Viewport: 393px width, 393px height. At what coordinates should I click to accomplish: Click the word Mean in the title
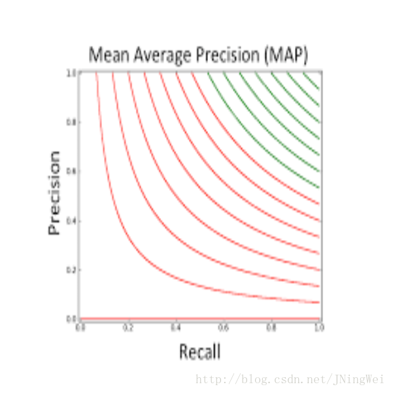coord(108,55)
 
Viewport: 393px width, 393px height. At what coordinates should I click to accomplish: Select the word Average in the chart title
coord(161,55)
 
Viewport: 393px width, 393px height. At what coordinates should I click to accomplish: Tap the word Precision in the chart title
coord(230,55)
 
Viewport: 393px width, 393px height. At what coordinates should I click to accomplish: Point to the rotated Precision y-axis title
coord(54,194)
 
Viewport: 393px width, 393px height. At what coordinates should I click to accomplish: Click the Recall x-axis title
coord(199,352)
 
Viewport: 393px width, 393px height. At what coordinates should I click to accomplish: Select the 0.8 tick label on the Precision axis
coord(70,122)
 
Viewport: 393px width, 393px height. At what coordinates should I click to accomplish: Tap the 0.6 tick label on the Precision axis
coord(70,171)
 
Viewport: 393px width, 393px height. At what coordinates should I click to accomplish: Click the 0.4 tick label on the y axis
coord(70,220)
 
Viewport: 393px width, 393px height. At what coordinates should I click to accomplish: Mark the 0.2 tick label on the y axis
coord(70,269)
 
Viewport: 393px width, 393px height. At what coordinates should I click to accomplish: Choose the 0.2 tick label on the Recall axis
coord(128,326)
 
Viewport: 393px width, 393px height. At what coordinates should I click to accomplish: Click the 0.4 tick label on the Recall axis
coord(176,326)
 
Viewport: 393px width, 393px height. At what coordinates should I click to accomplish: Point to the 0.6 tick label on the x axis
coord(224,326)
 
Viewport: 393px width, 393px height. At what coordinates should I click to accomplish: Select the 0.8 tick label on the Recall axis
coord(272,326)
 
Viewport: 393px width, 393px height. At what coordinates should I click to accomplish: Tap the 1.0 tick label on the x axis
coord(318,326)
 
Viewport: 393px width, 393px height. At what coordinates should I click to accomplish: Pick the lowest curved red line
coord(163,275)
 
